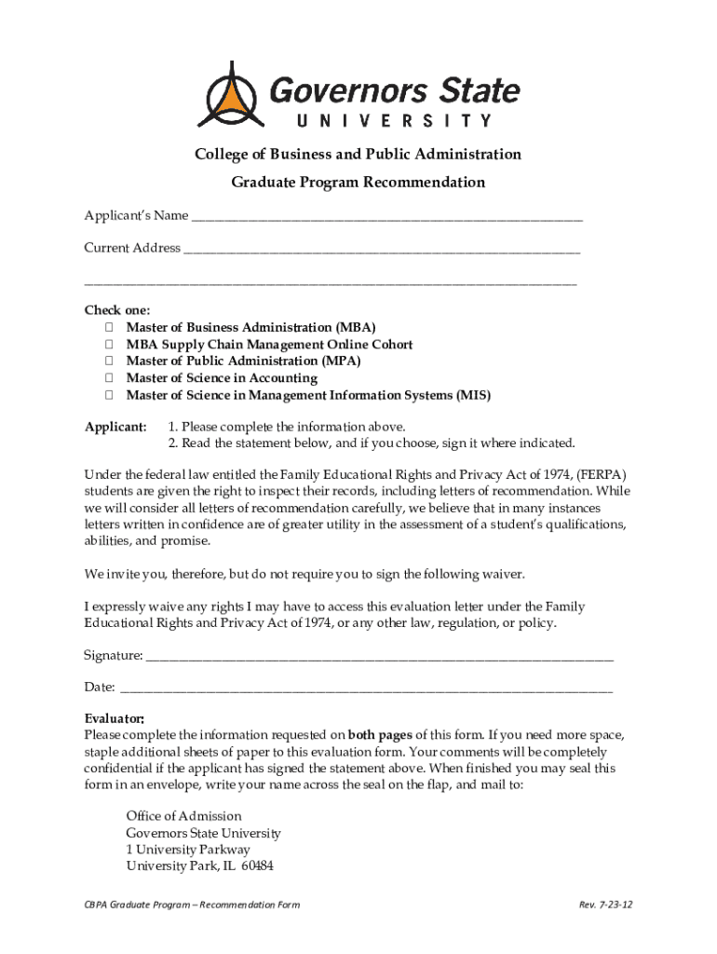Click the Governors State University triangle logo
click(227, 95)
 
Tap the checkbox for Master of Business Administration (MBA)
click(109, 328)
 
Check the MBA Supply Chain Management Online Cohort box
click(109, 345)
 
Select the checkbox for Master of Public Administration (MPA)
click(109, 361)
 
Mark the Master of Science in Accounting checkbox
click(109, 378)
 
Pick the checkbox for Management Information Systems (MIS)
click(109, 395)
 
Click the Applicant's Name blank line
click(386, 219)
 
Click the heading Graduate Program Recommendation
click(358, 183)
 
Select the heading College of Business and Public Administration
click(358, 154)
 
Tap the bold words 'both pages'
click(381, 734)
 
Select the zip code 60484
click(257, 866)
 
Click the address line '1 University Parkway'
click(188, 850)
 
